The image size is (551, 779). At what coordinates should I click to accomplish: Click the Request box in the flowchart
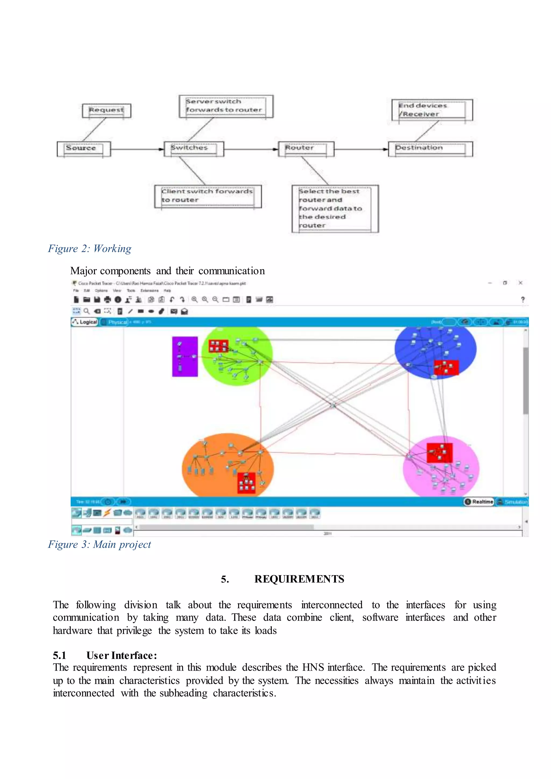point(107,111)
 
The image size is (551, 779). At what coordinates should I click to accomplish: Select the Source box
point(84,149)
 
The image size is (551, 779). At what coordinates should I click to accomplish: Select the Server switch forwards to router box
point(226,106)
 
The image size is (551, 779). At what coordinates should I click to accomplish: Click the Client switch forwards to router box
point(208,196)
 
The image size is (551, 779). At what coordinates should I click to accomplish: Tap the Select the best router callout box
point(335,208)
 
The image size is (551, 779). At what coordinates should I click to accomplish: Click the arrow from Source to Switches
point(137,149)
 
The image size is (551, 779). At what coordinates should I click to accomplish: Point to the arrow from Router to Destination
point(361,149)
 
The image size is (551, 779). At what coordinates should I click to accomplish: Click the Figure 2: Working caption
point(90,249)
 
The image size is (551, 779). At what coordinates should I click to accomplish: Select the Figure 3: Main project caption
point(99,544)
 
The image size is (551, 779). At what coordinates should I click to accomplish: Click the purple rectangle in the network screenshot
point(185,356)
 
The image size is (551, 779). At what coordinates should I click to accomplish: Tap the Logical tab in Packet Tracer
point(85,322)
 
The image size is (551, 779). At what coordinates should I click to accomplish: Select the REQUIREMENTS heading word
point(299,579)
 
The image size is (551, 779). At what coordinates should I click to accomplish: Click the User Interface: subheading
point(121,655)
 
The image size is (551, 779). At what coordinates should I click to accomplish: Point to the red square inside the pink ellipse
point(439,452)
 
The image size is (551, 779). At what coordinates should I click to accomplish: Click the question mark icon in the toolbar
point(522,300)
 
